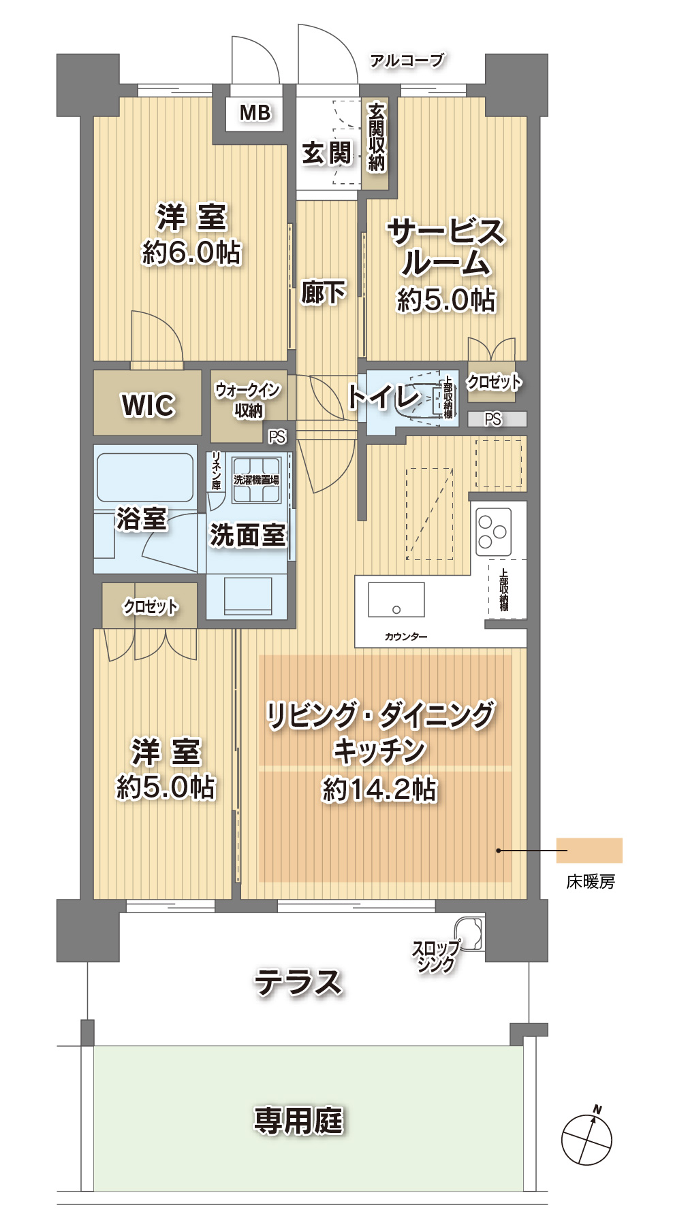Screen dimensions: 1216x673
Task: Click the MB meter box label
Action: pyautogui.click(x=255, y=112)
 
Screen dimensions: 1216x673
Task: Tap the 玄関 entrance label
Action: pyautogui.click(x=326, y=153)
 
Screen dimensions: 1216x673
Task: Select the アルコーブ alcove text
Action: pyautogui.click(x=407, y=61)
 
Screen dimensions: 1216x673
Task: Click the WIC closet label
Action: pyautogui.click(x=148, y=405)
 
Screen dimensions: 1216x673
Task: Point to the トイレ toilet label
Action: pyautogui.click(x=383, y=397)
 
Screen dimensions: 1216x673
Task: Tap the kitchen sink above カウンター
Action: pyautogui.click(x=396, y=599)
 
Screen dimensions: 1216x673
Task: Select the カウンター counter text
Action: pyautogui.click(x=406, y=637)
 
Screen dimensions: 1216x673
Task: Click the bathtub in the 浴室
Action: pyautogui.click(x=144, y=477)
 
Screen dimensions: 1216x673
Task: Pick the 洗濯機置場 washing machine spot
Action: pyautogui.click(x=256, y=480)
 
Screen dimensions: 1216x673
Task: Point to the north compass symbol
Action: pyautogui.click(x=586, y=1139)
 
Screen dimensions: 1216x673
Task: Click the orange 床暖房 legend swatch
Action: pyautogui.click(x=589, y=850)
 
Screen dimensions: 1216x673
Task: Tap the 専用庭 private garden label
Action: pyautogui.click(x=298, y=1120)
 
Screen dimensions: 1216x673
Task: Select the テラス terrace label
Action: pyautogui.click(x=298, y=983)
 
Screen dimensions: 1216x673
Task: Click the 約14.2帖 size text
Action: pyautogui.click(x=379, y=789)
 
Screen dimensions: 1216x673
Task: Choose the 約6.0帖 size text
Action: pyautogui.click(x=191, y=252)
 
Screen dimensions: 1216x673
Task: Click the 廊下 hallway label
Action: pyautogui.click(x=324, y=293)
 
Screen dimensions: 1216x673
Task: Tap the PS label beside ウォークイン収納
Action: pyautogui.click(x=277, y=437)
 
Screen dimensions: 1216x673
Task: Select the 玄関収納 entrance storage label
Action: pyautogui.click(x=376, y=137)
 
